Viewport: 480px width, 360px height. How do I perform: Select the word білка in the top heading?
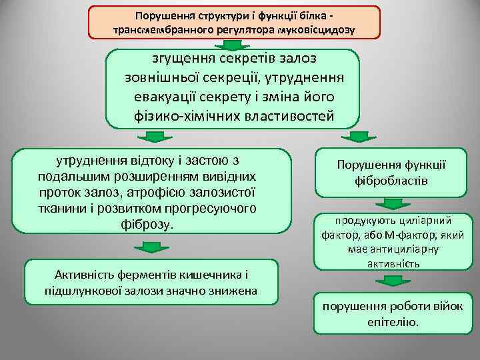pyautogui.click(x=309, y=15)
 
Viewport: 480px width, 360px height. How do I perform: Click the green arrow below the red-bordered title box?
pyautogui.click(x=233, y=45)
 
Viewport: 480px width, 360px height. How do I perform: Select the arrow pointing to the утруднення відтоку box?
pyautogui.click(x=154, y=137)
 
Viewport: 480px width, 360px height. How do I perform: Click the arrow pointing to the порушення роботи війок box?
pyautogui.click(x=392, y=281)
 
